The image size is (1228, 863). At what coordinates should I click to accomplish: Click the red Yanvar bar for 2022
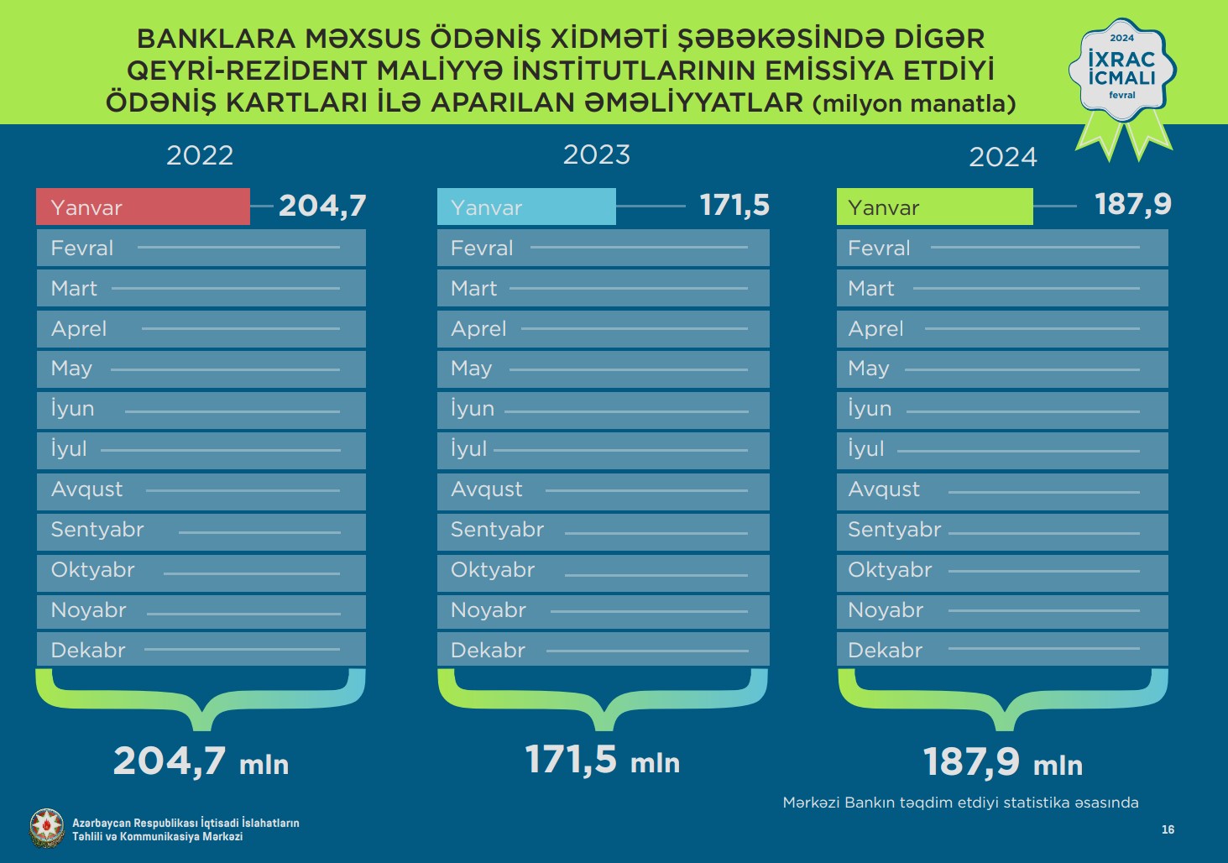pos(143,207)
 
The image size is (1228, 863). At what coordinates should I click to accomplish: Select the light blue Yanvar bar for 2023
pos(526,207)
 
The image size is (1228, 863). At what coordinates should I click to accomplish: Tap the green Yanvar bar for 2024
pos(934,207)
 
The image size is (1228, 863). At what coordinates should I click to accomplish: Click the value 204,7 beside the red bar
pos(322,206)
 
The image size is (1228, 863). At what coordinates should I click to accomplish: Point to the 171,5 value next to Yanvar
pos(734,205)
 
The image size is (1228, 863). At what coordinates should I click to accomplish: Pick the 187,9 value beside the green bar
pos(1132,204)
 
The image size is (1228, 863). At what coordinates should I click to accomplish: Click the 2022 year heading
pos(200,155)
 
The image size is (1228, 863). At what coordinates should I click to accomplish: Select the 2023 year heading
pos(596,154)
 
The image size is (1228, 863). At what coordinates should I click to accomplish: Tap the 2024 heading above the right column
pos(1003,157)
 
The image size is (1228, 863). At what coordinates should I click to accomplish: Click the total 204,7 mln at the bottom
pos(201,762)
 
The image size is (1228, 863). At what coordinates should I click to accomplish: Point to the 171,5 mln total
pos(602,760)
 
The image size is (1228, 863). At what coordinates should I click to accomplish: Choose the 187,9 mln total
pos(1002,762)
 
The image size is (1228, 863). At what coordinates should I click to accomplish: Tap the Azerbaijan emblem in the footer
pos(46,828)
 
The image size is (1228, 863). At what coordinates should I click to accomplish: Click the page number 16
pos(1168,829)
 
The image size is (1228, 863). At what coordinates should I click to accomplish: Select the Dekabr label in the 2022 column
pos(88,650)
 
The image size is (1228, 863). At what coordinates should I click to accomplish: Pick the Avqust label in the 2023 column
pos(486,489)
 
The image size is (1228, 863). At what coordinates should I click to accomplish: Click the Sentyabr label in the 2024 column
pos(894,529)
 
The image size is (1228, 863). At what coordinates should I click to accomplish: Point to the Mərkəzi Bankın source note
pos(960,803)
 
